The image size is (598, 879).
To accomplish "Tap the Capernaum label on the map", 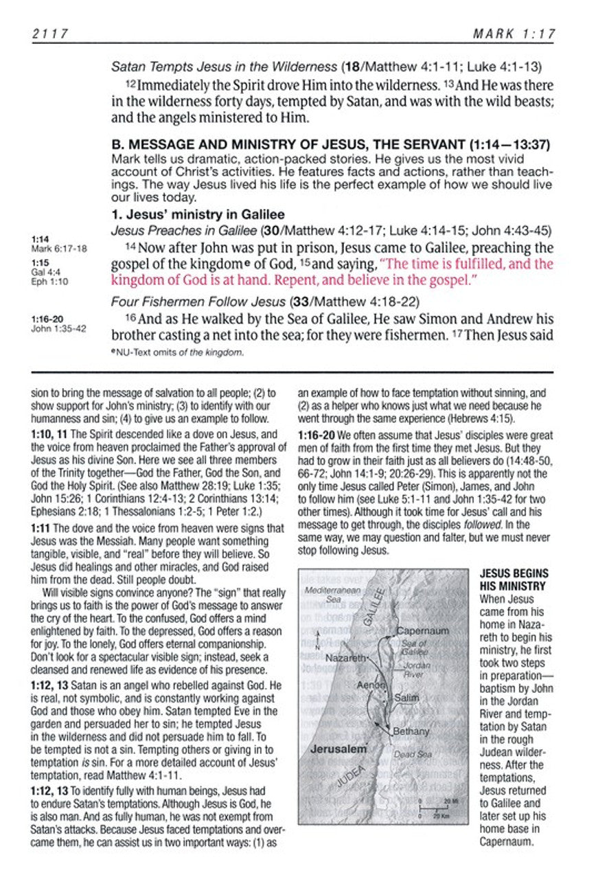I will point(423,630).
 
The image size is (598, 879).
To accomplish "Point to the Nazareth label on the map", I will point(347,658).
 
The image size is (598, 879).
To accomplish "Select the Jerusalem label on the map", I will point(338,749).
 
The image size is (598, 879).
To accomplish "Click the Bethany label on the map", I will point(411,731).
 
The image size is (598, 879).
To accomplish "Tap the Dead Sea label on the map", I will point(413,754).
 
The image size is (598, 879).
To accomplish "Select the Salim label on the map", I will point(407,698).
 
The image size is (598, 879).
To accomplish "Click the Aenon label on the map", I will point(371,685).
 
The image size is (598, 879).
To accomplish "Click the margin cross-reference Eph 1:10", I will point(47,280).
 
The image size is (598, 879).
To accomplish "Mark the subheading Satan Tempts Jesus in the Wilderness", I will point(224,67).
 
